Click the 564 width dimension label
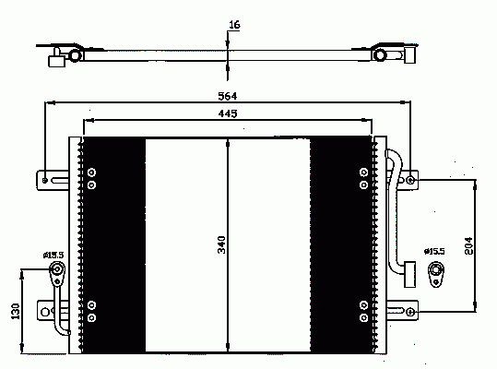[x=227, y=96]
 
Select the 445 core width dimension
[x=228, y=113]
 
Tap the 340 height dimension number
[x=221, y=244]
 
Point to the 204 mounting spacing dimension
[x=468, y=245]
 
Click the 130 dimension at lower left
[x=15, y=311]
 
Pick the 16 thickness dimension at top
[x=234, y=25]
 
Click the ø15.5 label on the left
[x=53, y=255]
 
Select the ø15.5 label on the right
[x=434, y=252]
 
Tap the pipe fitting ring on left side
[x=57, y=269]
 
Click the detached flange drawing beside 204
[x=436, y=274]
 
